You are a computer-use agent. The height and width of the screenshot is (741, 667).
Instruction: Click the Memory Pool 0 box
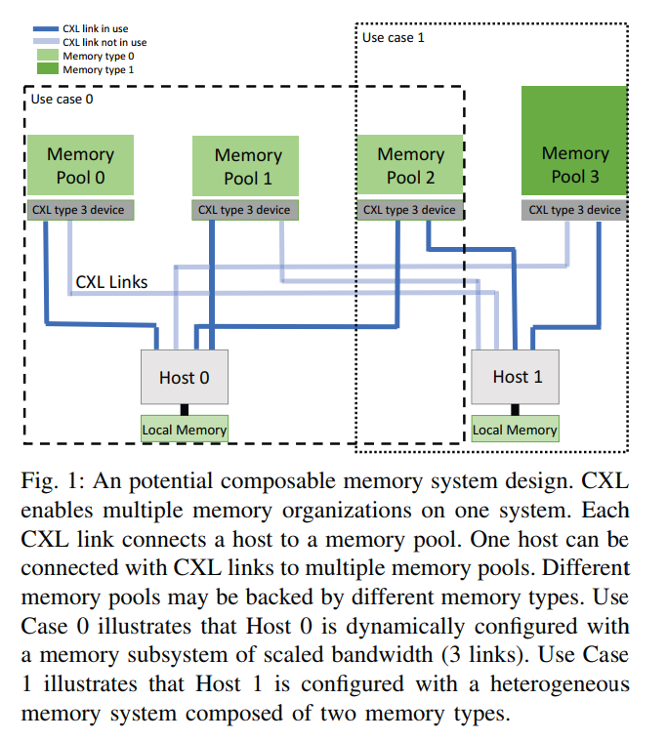click(80, 165)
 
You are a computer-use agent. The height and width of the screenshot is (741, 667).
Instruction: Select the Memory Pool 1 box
click(247, 166)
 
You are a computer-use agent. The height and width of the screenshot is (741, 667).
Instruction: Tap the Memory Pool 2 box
click(410, 165)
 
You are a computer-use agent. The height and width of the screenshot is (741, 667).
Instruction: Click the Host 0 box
click(185, 377)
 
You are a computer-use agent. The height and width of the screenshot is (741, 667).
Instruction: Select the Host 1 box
click(517, 376)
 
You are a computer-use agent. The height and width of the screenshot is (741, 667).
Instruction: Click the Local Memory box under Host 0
click(185, 430)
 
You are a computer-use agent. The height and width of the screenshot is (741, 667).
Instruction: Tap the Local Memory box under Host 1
click(515, 430)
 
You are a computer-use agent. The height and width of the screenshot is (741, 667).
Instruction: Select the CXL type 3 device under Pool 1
click(244, 209)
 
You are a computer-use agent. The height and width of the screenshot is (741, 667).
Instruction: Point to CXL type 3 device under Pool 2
click(409, 209)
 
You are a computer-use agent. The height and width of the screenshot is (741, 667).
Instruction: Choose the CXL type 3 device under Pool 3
click(574, 209)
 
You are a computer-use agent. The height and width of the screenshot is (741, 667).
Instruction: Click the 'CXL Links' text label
click(111, 282)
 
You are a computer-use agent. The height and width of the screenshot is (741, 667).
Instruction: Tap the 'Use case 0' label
click(63, 99)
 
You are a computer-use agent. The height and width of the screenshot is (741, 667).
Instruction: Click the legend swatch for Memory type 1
click(44, 69)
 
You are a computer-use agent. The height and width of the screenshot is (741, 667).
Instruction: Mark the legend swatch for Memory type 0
click(44, 56)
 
